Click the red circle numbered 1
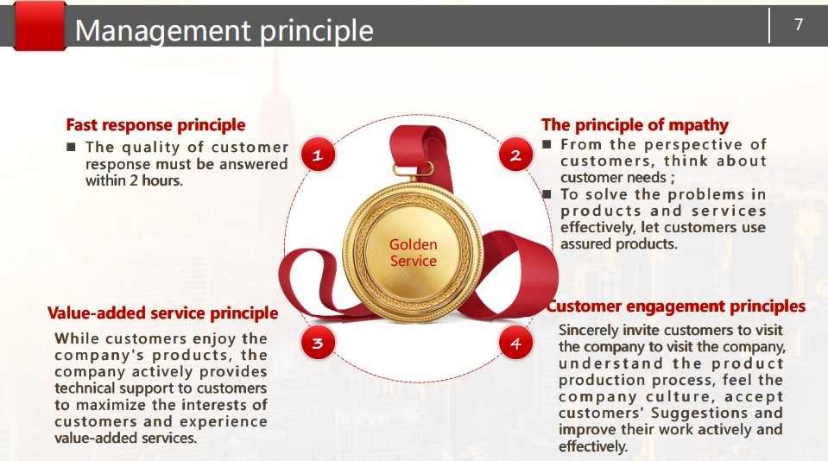pyautogui.click(x=318, y=155)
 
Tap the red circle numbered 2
pyautogui.click(x=515, y=155)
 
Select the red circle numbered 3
pyautogui.click(x=318, y=343)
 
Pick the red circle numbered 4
pyautogui.click(x=515, y=343)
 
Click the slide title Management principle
pyautogui.click(x=224, y=30)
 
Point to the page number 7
pyautogui.click(x=799, y=24)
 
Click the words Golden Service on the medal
pyautogui.click(x=414, y=252)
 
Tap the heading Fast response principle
pyautogui.click(x=155, y=125)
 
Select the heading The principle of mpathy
pyautogui.click(x=635, y=125)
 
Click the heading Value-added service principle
pyautogui.click(x=162, y=313)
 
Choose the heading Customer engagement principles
pyautogui.click(x=676, y=306)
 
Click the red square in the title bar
pyautogui.click(x=40, y=25)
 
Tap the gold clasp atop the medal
pyautogui.click(x=413, y=169)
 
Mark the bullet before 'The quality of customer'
pyautogui.click(x=72, y=147)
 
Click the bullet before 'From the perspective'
pyautogui.click(x=547, y=144)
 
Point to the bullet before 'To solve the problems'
pyautogui.click(x=547, y=194)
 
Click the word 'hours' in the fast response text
pyautogui.click(x=162, y=180)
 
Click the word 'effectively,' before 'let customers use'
pyautogui.click(x=598, y=228)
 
